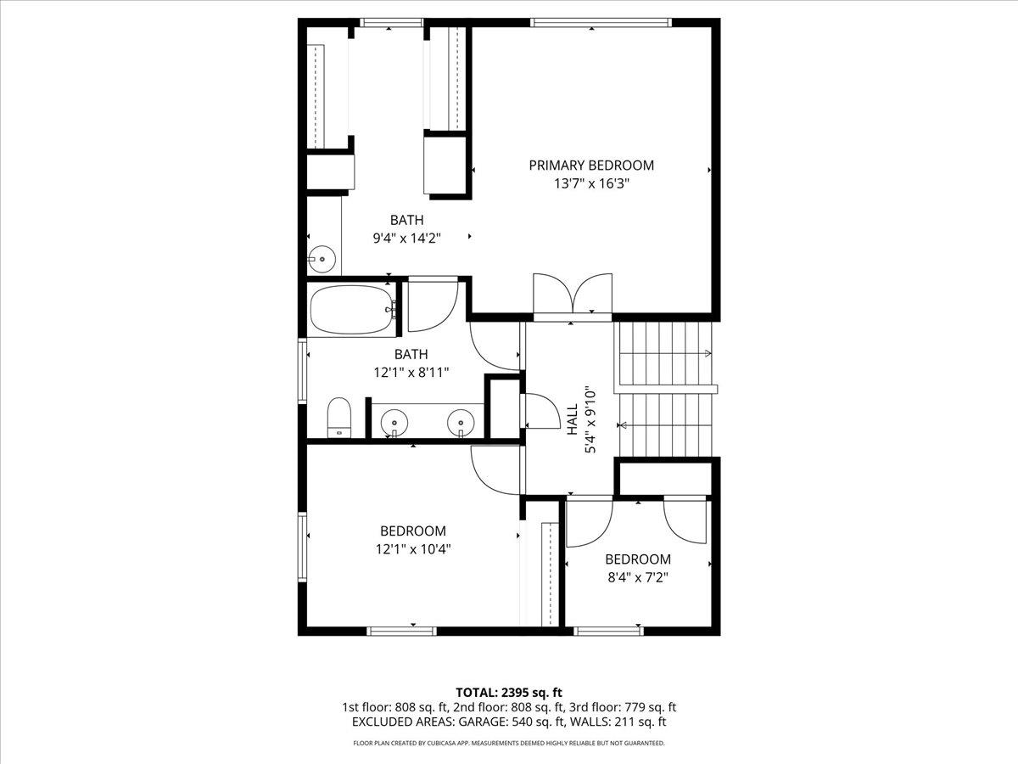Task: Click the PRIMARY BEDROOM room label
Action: [x=591, y=166]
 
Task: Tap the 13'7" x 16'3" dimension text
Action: [x=591, y=183]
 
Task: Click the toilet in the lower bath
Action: [x=339, y=416]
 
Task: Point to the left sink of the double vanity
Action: [x=394, y=420]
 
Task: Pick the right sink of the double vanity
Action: [x=461, y=420]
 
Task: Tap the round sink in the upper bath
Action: [x=322, y=258]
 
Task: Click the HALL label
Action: [x=572, y=420]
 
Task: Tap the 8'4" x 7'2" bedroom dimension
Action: [x=637, y=577]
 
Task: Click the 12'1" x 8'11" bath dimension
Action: [x=411, y=372]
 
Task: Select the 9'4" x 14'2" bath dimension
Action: [x=407, y=239]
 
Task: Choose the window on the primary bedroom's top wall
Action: [x=601, y=22]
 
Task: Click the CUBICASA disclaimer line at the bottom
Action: [x=509, y=743]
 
